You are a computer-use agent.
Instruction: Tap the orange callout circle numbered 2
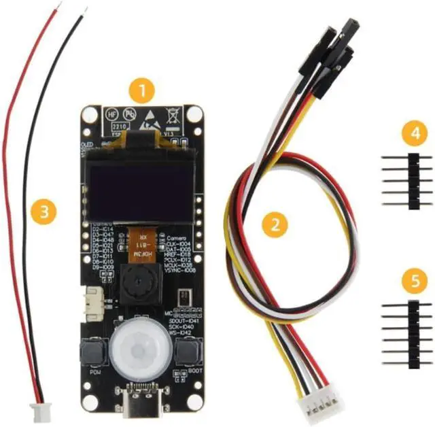(x=275, y=224)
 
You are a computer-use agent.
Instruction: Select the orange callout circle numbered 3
(x=44, y=211)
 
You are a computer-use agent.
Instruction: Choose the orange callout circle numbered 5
(x=410, y=279)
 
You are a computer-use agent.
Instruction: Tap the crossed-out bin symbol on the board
(x=173, y=114)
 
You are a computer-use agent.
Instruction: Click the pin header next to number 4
(x=410, y=180)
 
